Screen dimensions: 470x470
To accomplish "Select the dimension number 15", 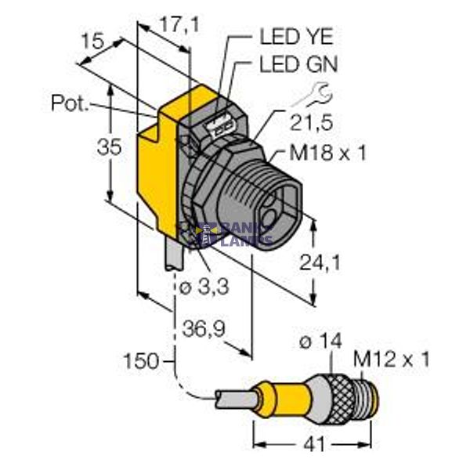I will pyautogui.click(x=93, y=42).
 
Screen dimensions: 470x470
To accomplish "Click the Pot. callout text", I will pyautogui.click(x=70, y=103).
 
